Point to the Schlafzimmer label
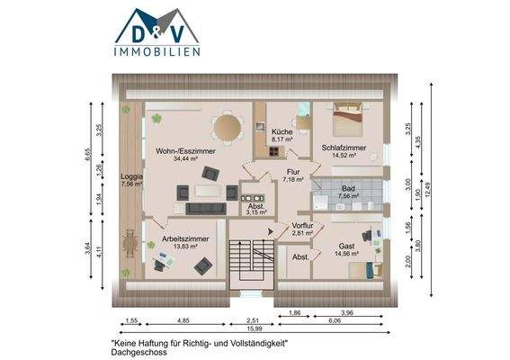(x=344, y=147)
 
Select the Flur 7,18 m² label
(x=293, y=175)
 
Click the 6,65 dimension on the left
(x=89, y=155)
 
